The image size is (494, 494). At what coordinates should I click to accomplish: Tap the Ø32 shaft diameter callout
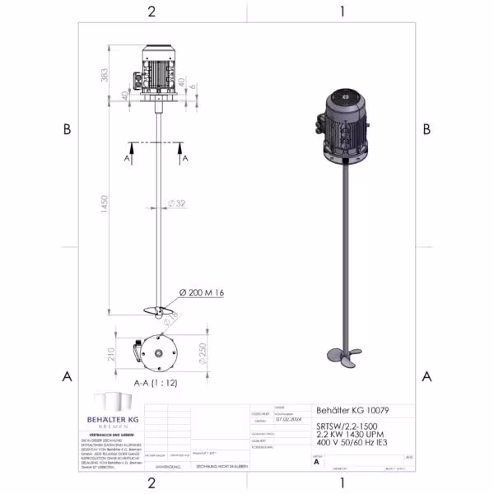(176, 203)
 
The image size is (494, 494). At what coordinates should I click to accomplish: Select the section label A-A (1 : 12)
(156, 383)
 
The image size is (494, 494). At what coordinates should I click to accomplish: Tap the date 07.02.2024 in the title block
(284, 417)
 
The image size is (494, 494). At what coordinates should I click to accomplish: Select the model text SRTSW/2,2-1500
(350, 426)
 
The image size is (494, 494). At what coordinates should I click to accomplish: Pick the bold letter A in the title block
(317, 463)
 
